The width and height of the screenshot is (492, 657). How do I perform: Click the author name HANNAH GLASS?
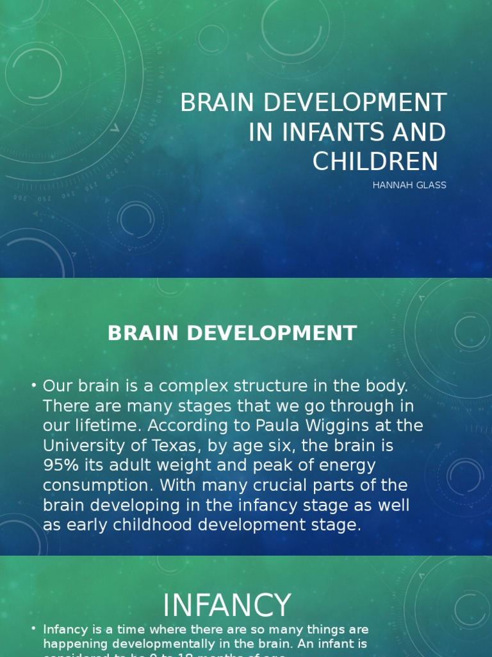(x=409, y=185)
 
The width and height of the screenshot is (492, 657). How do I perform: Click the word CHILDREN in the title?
(x=375, y=162)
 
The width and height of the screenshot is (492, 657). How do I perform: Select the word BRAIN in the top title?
(x=215, y=103)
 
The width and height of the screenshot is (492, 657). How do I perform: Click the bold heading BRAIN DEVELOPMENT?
(x=232, y=334)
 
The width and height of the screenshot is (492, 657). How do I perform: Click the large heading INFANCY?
(x=227, y=606)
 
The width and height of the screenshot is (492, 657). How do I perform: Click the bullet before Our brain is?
(x=33, y=386)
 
